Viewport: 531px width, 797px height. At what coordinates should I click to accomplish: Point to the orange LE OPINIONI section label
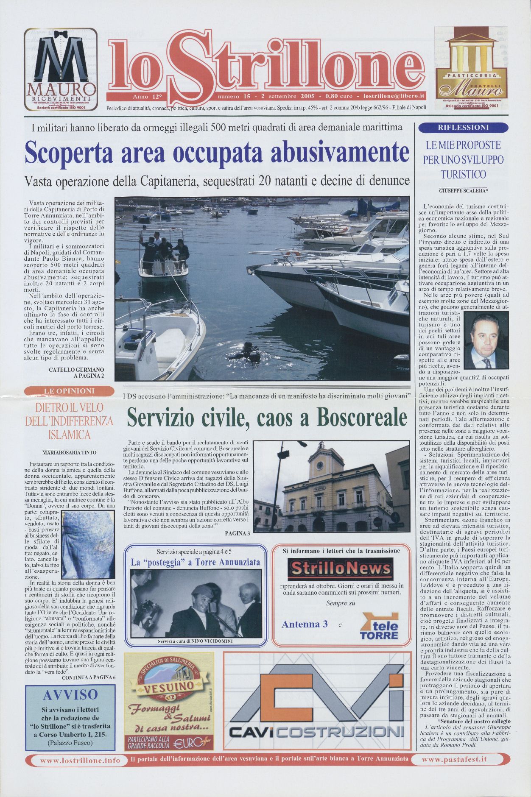[69, 391]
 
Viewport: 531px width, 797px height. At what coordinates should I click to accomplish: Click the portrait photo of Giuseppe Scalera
[486, 340]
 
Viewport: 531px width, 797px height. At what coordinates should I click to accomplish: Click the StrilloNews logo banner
[340, 568]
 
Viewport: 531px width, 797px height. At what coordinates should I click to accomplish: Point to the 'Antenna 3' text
[305, 624]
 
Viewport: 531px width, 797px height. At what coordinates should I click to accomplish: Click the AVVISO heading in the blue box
[70, 694]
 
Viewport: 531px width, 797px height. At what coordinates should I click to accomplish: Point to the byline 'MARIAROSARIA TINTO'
[70, 452]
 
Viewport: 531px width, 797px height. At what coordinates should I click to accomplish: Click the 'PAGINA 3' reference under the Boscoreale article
[238, 534]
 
